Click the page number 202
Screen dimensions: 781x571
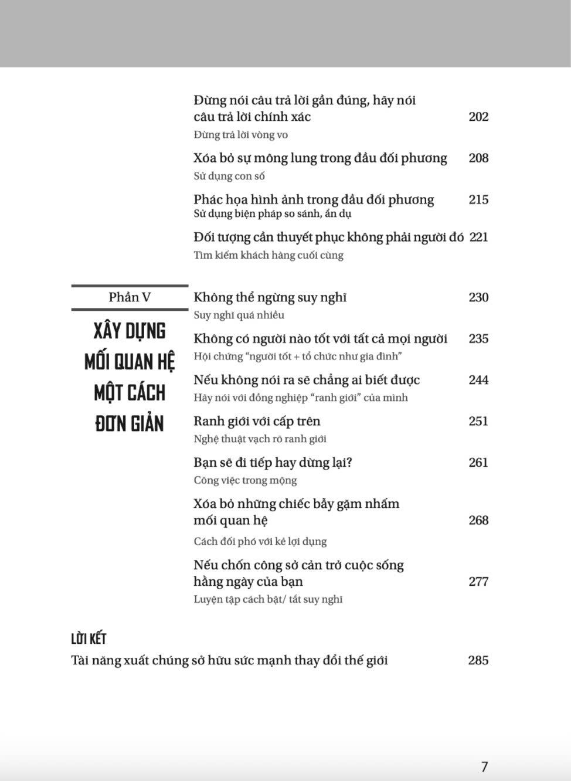tap(478, 117)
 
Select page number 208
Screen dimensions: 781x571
tap(478, 158)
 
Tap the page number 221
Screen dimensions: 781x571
tap(478, 237)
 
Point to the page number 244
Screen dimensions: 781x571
tap(478, 380)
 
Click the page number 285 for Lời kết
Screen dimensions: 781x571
tap(478, 660)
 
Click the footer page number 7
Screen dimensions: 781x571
tap(484, 766)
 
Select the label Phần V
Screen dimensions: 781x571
tap(130, 297)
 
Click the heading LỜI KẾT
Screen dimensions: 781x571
tap(89, 639)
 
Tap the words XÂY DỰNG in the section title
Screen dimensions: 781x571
tap(130, 331)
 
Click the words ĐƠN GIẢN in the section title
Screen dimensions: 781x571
tap(130, 423)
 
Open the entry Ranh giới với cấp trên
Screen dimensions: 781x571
tap(257, 422)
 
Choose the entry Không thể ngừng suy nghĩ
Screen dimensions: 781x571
tap(270, 298)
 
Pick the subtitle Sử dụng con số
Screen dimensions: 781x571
tap(229, 176)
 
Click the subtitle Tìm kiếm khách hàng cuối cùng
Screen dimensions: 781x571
tap(268, 255)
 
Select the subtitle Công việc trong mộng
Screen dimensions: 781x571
tap(245, 480)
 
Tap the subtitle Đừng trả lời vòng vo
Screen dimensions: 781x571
tap(240, 135)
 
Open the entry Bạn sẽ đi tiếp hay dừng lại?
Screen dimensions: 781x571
tap(273, 463)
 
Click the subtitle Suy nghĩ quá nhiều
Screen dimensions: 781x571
tap(239, 315)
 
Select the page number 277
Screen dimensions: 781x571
tap(478, 582)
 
